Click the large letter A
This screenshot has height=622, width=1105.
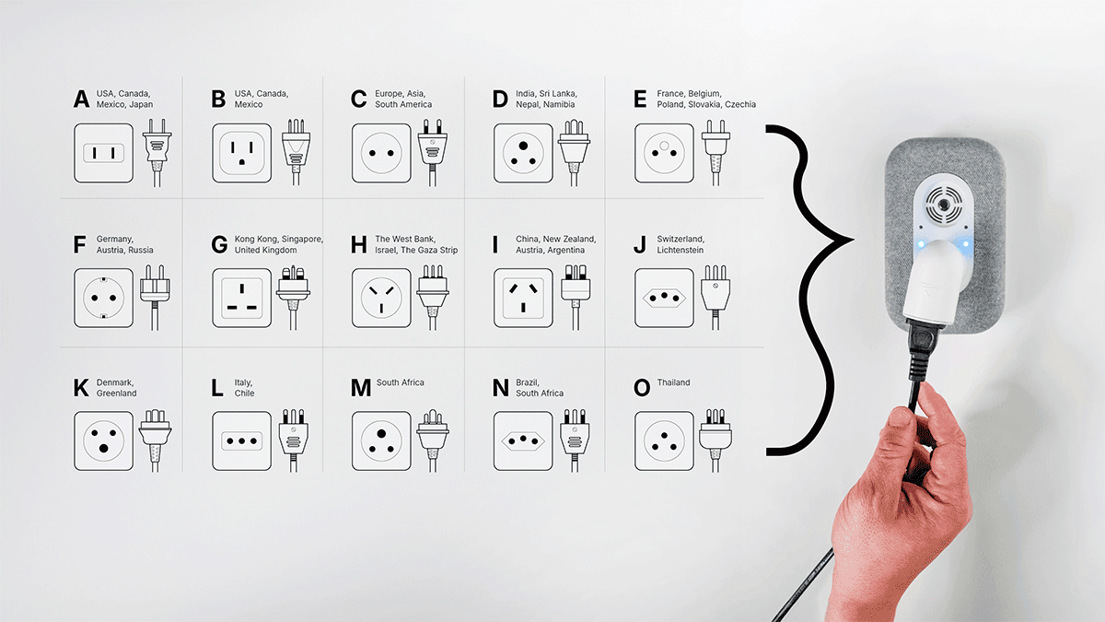pos(81,99)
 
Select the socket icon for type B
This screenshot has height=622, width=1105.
pos(241,153)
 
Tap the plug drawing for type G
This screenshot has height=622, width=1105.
pos(293,297)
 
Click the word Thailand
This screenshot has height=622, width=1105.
pos(673,382)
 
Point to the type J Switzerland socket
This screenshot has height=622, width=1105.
pos(664,298)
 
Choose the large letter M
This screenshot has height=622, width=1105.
pos(361,388)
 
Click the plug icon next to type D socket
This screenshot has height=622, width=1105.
pos(574,153)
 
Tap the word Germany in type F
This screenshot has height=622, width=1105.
pos(114,240)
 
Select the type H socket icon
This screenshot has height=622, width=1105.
pos(381,298)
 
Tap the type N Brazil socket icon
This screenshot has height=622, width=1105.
pos(523,440)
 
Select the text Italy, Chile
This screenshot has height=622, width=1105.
pos(244,388)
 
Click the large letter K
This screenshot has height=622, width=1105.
pos(81,388)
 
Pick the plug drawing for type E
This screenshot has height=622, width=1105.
pos(715,153)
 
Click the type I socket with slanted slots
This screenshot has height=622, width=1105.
pos(523,298)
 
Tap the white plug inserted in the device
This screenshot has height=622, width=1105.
pos(934,281)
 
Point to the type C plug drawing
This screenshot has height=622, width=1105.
pos(432,153)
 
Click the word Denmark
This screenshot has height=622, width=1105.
pos(115,382)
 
